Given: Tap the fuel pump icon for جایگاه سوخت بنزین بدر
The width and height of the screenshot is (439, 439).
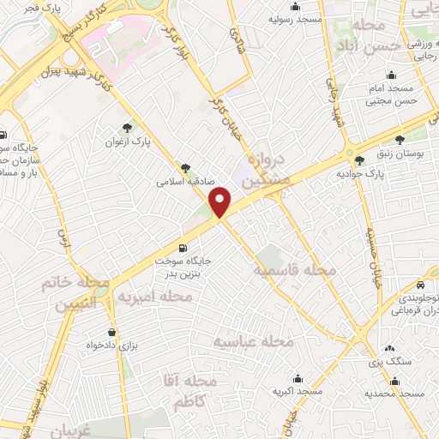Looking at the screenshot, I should pyautogui.click(x=182, y=248).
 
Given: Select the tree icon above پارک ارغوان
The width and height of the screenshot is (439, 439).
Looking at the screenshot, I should pyautogui.click(x=129, y=127).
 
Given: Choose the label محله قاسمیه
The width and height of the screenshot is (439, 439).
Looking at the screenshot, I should pyautogui.click(x=294, y=270).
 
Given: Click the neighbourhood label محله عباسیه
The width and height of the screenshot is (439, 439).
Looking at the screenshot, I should pyautogui.click(x=253, y=341).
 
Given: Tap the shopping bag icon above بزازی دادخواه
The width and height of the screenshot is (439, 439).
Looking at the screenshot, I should pyautogui.click(x=111, y=331).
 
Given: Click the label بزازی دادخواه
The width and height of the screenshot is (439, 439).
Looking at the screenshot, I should pyautogui.click(x=111, y=345).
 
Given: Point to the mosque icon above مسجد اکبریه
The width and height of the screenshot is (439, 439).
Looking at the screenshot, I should pyautogui.click(x=298, y=378).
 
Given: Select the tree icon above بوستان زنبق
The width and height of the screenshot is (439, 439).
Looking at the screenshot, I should pyautogui.click(x=400, y=139).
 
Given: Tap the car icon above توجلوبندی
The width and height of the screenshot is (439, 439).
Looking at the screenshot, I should pyautogui.click(x=422, y=284).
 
